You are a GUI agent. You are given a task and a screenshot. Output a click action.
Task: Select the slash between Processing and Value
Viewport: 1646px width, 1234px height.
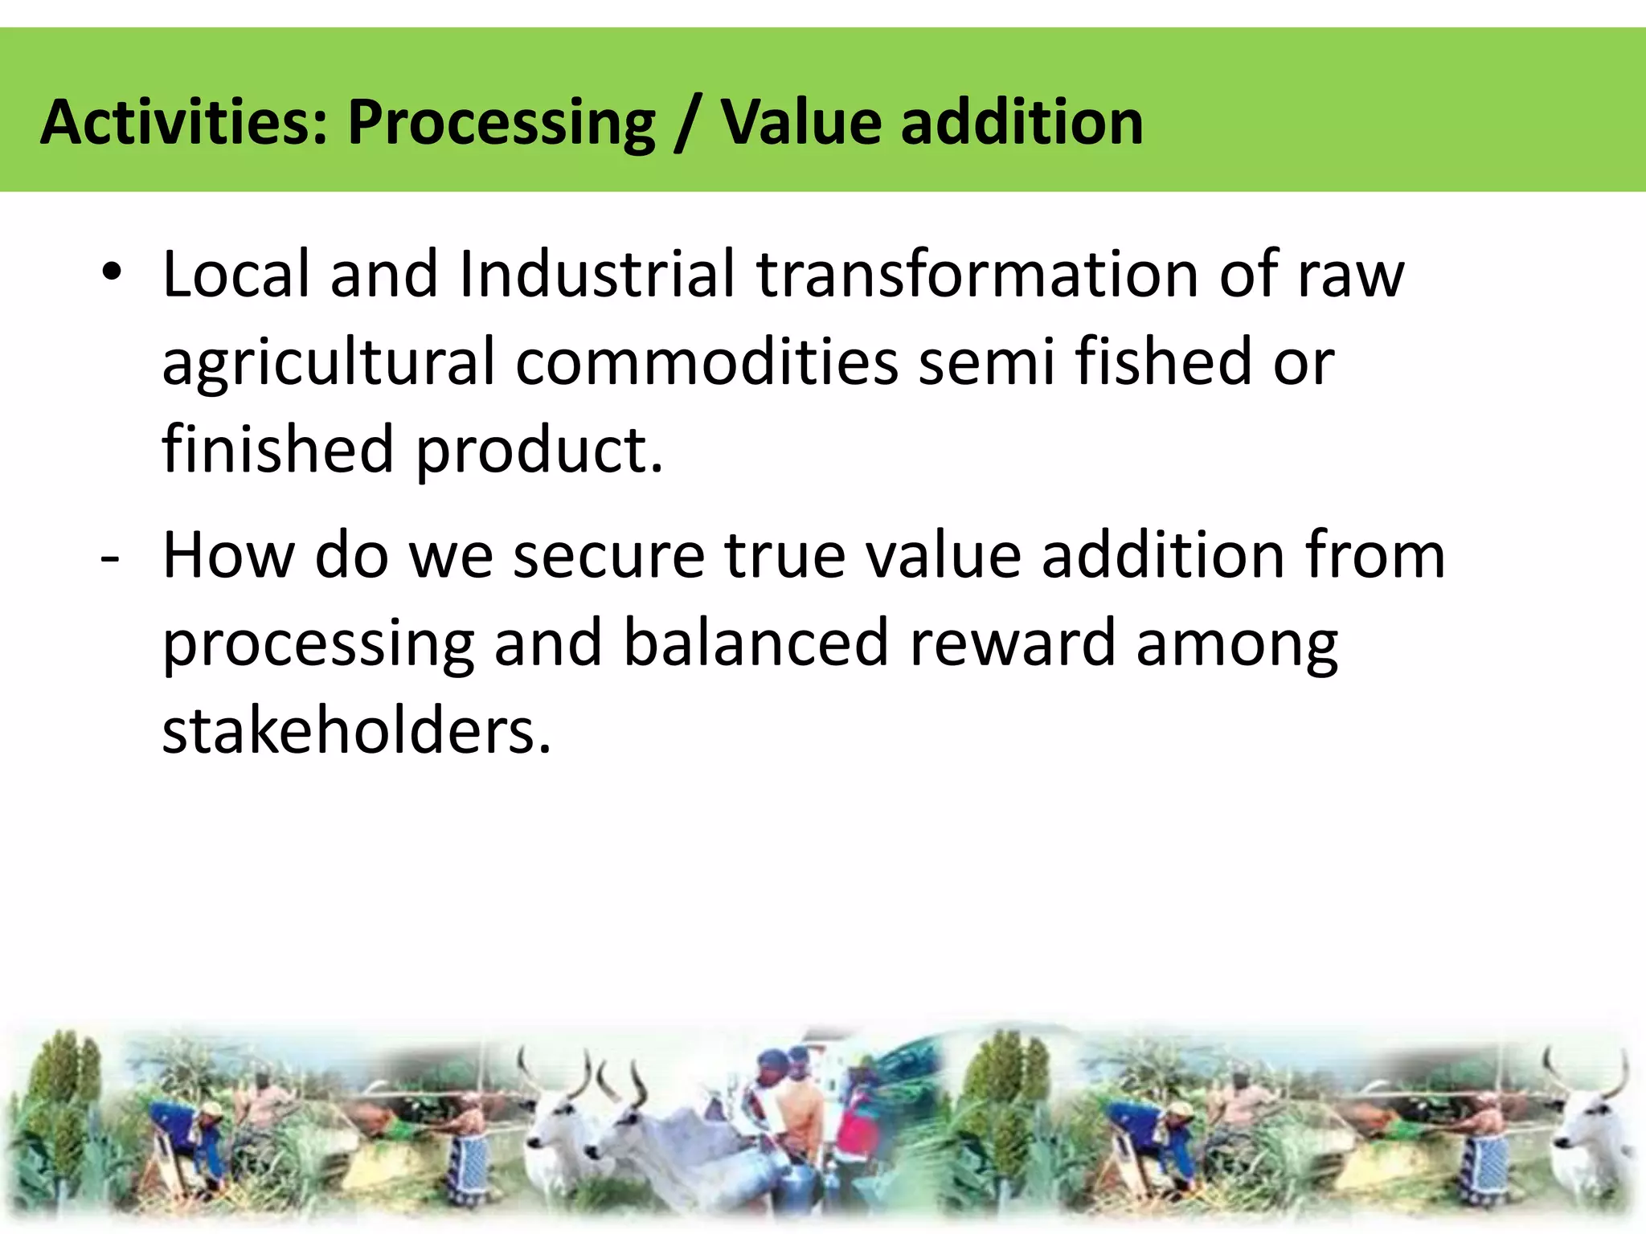686,122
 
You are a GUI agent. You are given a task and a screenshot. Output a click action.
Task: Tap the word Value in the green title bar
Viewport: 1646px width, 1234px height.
800,122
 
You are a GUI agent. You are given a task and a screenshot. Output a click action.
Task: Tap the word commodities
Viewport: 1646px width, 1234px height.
706,362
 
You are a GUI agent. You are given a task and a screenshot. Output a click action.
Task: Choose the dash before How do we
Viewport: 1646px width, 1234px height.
110,557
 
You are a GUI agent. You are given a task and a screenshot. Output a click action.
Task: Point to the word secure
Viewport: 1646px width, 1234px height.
608,556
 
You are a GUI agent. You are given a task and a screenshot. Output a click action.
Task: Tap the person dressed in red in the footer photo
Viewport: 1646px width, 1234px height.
855,1125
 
